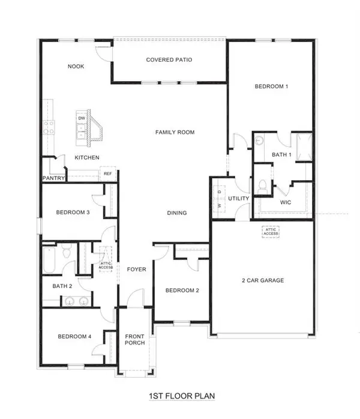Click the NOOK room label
(76, 67)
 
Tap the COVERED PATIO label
(169, 60)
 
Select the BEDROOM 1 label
(271, 86)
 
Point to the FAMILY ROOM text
(175, 132)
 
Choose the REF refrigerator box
(109, 174)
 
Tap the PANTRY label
(53, 178)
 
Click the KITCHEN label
(87, 157)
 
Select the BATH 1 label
(281, 155)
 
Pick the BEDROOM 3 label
(73, 212)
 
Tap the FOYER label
(136, 270)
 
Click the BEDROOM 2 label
(182, 291)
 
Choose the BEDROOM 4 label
(74, 337)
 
